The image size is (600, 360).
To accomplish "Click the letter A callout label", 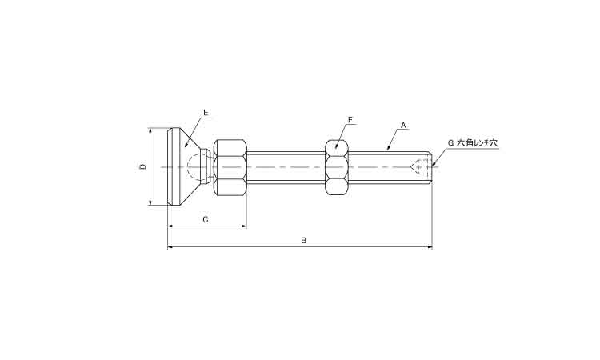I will (x=404, y=125).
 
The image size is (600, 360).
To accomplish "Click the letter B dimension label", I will (x=303, y=240).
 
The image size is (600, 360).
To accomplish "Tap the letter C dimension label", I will (x=206, y=218).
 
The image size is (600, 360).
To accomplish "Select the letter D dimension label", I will (x=142, y=166).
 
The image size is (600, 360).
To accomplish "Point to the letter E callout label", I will (x=206, y=112).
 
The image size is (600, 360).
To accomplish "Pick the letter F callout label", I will (x=350, y=120).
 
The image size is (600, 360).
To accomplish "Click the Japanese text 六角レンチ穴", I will (x=476, y=142).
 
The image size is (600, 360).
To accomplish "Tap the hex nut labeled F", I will (x=337, y=167).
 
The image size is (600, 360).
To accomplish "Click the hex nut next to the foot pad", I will (x=230, y=167).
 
